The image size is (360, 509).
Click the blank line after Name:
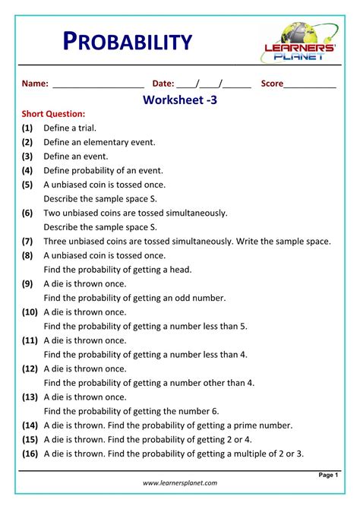(x=98, y=85)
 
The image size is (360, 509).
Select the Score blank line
(x=310, y=85)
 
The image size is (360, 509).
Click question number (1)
(x=27, y=128)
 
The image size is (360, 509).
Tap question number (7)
(x=27, y=241)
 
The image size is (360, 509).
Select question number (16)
(x=30, y=454)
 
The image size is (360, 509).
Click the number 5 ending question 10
(x=243, y=326)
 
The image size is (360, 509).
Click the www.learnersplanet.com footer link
(x=180, y=482)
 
